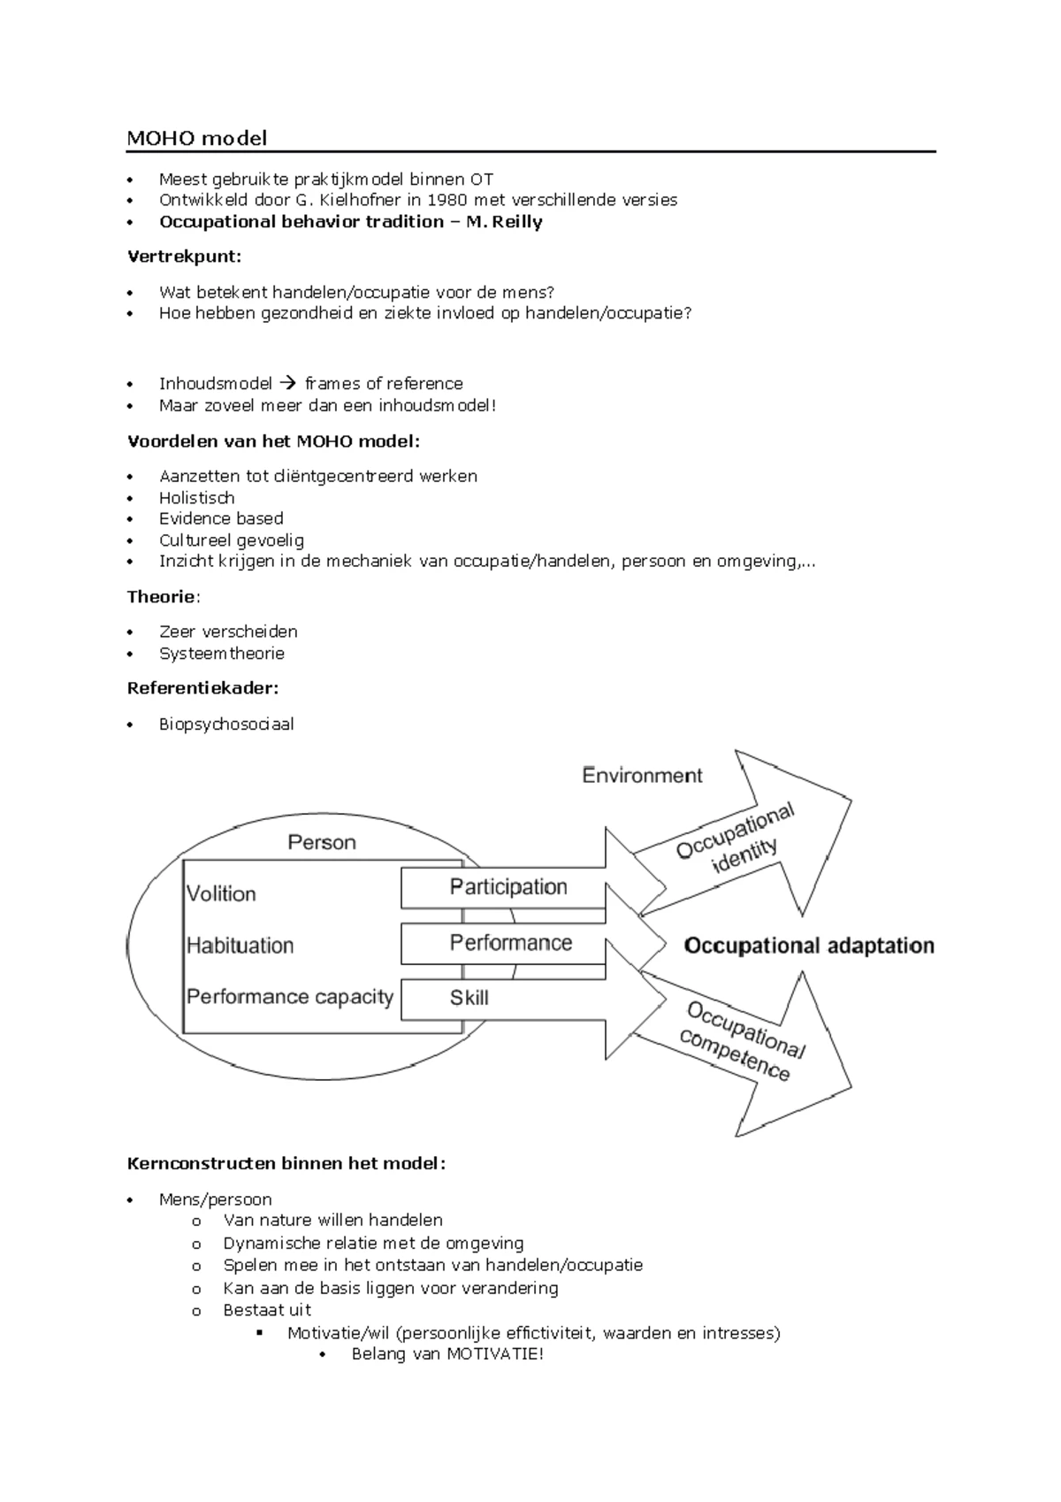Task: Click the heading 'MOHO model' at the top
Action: point(196,138)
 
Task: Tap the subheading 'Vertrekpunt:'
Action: point(184,257)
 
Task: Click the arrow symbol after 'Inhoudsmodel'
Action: point(288,384)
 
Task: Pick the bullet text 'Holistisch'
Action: point(196,498)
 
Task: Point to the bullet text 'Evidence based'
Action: point(221,518)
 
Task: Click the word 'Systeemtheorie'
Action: point(221,654)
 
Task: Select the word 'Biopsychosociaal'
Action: point(226,724)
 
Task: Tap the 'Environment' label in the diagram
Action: point(642,776)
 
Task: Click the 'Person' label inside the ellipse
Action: point(322,842)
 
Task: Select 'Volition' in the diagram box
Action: point(221,893)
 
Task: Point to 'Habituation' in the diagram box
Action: point(240,946)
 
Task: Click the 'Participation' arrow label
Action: point(508,887)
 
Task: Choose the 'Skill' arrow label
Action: point(469,998)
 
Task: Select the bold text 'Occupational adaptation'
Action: point(809,946)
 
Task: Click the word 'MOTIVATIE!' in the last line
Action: point(494,1354)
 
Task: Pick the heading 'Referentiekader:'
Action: point(202,688)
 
